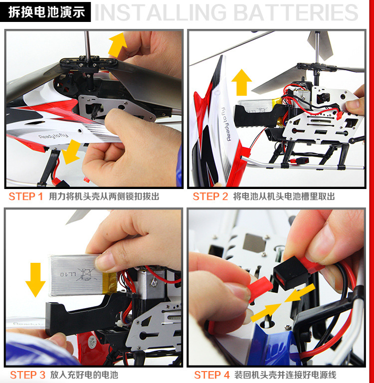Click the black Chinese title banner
pos(45,12)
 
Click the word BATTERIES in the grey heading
pos(297,12)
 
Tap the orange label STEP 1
pos(26,196)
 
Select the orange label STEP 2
pos(210,196)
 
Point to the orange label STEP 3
pos(27,375)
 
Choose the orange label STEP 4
pos(212,375)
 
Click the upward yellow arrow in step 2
pos(241,82)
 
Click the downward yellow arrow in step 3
pos(35,280)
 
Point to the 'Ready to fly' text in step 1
pos(53,136)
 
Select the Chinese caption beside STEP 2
pos(284,196)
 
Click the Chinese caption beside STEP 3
pos(84,375)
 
